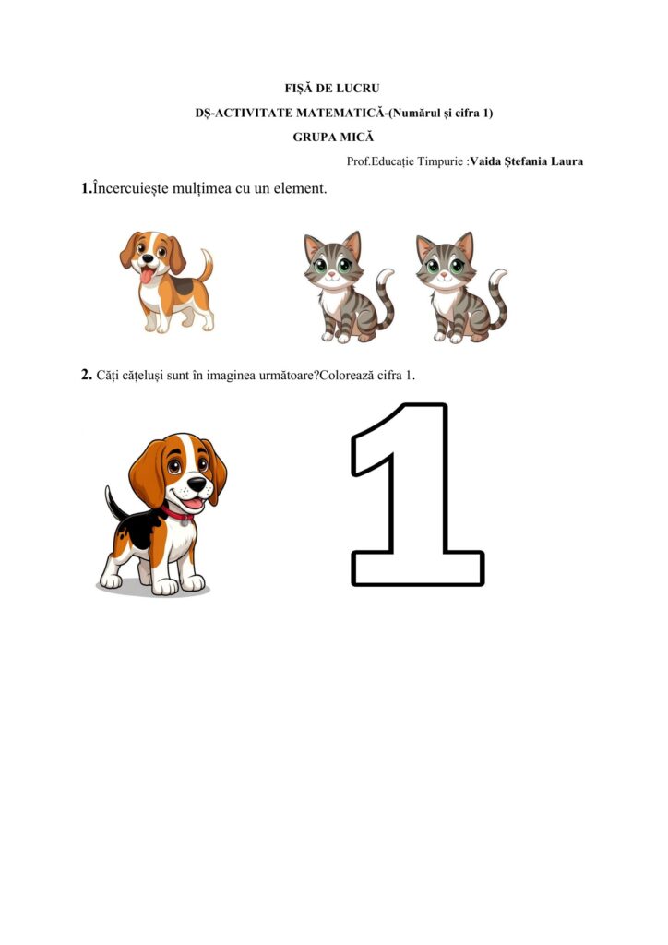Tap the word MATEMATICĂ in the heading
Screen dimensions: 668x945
pyautogui.click(x=340, y=113)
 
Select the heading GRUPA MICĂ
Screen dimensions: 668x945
pyautogui.click(x=333, y=138)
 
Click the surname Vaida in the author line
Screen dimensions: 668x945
pyautogui.click(x=485, y=161)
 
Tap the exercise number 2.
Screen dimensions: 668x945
pyautogui.click(x=86, y=375)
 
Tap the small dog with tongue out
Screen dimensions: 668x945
pyautogui.click(x=166, y=281)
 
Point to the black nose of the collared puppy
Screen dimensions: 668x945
pyautogui.click(x=197, y=484)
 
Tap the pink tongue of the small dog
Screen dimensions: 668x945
pyautogui.click(x=147, y=277)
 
